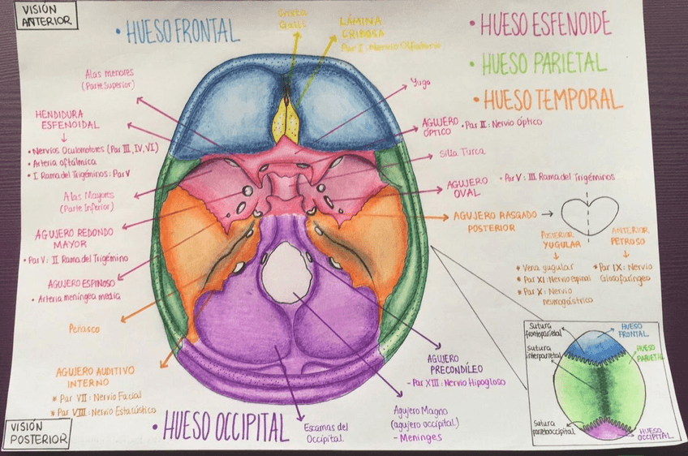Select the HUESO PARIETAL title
coord(543,62)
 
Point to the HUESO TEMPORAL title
coord(552,100)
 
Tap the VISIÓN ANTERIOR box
coord(39,15)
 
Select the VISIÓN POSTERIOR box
coord(37,433)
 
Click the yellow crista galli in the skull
coord(286,121)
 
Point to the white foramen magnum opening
coord(286,273)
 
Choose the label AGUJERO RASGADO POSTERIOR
coord(484,222)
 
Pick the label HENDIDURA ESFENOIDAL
coord(67,119)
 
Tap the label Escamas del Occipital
coord(325,432)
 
